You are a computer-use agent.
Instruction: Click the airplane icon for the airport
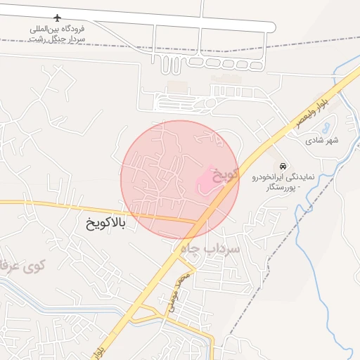[57, 18]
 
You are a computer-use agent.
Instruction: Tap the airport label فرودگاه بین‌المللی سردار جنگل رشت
[57, 34]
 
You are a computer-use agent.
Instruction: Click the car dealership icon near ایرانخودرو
[282, 166]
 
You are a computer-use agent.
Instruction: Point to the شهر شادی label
[322, 141]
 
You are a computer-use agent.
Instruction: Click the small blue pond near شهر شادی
[326, 129]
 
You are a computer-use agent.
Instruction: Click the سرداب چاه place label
[210, 249]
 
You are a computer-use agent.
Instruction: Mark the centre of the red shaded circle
[179, 179]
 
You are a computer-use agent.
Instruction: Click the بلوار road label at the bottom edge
[99, 349]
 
